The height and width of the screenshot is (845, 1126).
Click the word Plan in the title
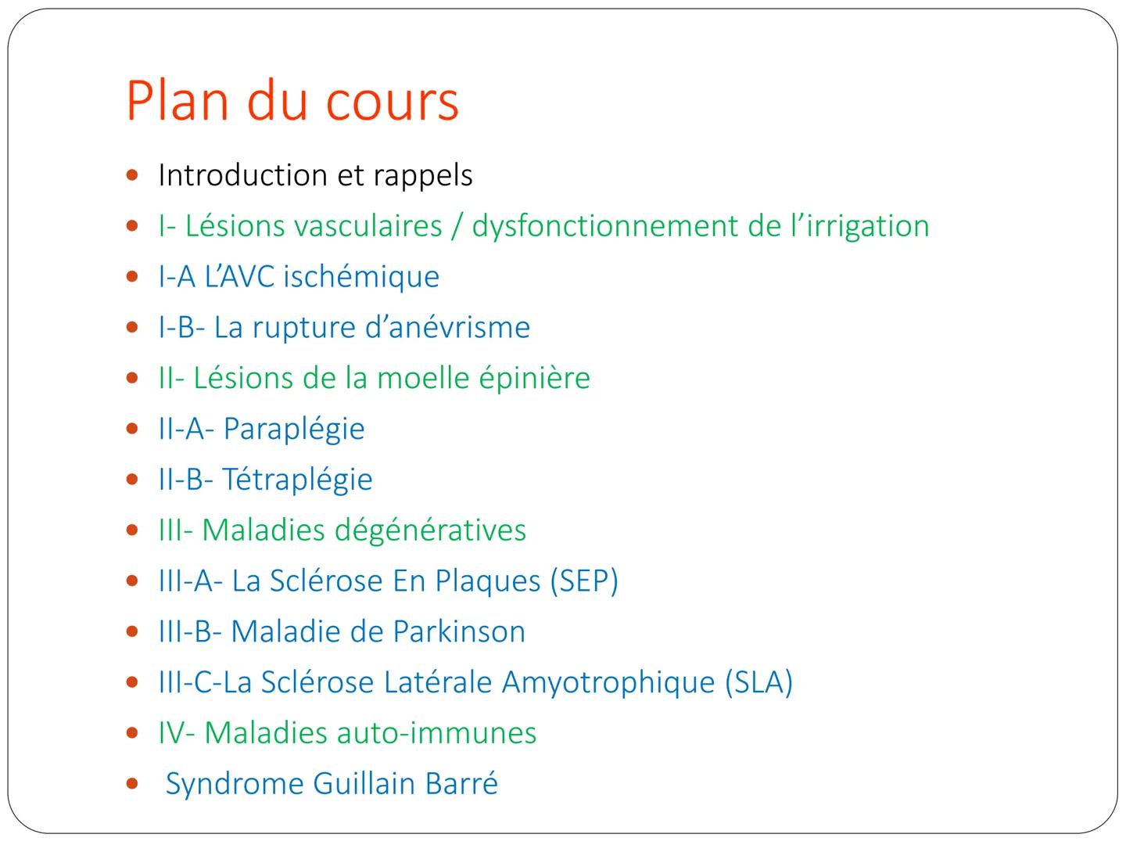[177, 101]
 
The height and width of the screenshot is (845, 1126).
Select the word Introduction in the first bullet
[242, 175]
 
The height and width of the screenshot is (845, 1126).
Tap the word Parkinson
[460, 631]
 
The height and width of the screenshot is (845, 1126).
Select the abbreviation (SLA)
[758, 683]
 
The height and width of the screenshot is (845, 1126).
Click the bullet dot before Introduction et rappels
[132, 175]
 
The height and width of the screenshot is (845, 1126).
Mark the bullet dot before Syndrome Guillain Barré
[132, 784]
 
